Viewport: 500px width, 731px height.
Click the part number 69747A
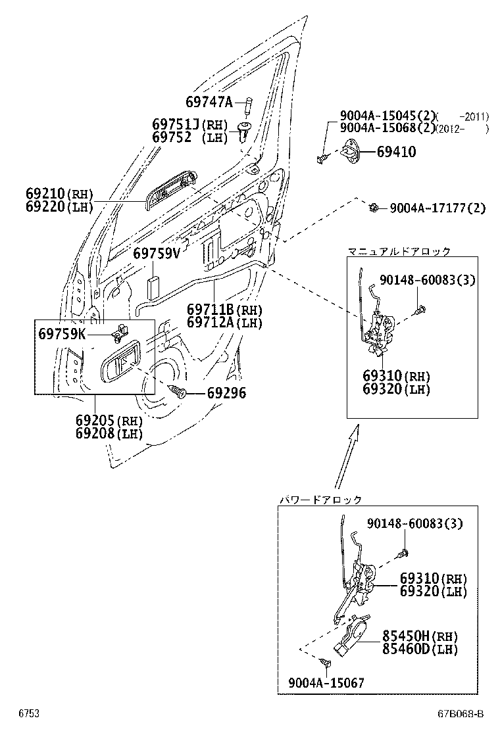(209, 102)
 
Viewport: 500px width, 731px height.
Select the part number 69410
(396, 152)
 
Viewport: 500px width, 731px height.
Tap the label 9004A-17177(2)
(437, 208)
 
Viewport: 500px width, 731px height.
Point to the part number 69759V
(156, 253)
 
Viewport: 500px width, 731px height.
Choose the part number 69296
(226, 393)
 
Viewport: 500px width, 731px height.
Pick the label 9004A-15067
(326, 683)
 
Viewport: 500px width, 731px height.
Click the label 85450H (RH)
(420, 636)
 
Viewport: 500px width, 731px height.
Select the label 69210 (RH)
(60, 195)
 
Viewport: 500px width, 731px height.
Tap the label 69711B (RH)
(224, 309)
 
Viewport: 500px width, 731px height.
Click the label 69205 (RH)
(109, 421)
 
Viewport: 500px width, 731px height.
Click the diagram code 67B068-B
(461, 714)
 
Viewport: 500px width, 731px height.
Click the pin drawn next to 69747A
(249, 105)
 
